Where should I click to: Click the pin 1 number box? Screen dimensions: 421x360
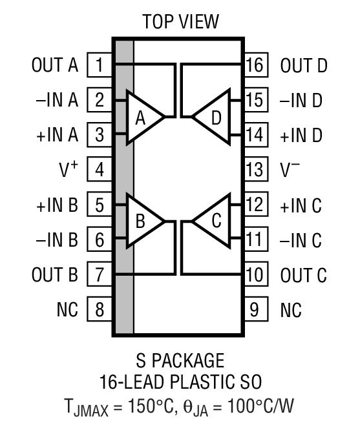[x=100, y=65]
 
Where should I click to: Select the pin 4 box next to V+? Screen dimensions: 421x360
[x=100, y=170]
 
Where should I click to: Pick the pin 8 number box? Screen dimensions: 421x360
[x=100, y=309]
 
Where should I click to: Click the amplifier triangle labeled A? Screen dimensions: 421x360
[x=143, y=118]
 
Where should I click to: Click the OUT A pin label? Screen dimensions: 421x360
[x=54, y=65]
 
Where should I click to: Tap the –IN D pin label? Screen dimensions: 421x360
[x=301, y=100]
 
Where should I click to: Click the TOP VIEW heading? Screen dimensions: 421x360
[x=180, y=22]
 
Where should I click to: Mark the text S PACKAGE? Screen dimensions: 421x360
[x=180, y=360]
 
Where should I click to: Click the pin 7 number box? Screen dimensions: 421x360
[x=100, y=275]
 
